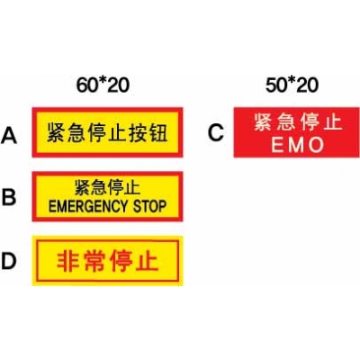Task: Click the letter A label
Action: coord(9,135)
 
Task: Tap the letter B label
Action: coord(9,197)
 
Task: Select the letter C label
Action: coord(216,132)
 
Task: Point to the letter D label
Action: coord(8,261)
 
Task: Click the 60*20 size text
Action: coord(103,85)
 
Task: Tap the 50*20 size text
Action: coord(292,85)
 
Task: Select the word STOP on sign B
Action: coord(149,206)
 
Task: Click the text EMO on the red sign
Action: coord(298,145)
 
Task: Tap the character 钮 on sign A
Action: coord(157,132)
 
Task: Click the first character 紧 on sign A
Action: coord(56,132)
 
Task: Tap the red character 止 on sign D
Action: coord(148,261)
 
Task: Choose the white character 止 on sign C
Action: coord(333,122)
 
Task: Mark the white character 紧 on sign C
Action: coord(263,122)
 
